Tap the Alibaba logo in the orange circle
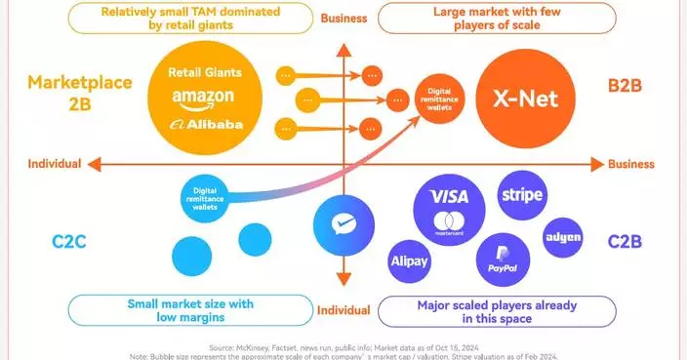[205, 124]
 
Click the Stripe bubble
[522, 195]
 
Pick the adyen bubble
[564, 238]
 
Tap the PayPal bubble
[503, 259]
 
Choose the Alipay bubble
[410, 262]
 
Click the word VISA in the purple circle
[449, 197]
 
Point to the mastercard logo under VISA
[449, 222]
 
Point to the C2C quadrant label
[65, 239]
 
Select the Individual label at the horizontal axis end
[54, 164]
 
